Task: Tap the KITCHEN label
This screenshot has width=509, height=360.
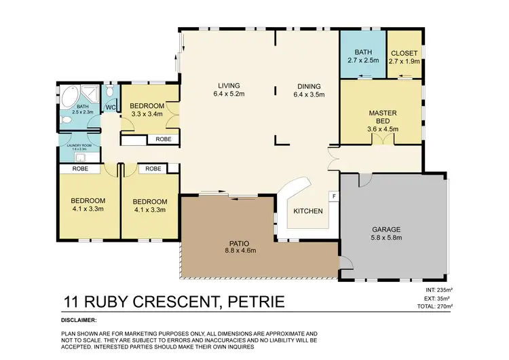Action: tap(307, 211)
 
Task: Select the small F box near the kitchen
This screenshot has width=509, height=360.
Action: tap(333, 196)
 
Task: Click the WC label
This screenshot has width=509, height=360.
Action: tap(110, 107)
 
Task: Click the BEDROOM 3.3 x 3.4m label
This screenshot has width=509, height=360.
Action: tap(147, 110)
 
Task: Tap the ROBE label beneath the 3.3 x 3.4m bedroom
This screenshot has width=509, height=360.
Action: tap(163, 139)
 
